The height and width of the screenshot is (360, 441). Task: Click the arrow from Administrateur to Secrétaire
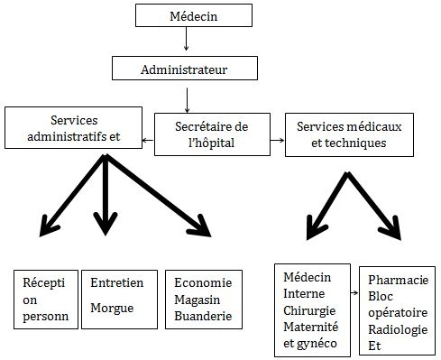click(x=188, y=98)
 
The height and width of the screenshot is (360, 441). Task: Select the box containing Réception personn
click(x=45, y=300)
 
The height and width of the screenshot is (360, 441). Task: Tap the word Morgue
click(x=113, y=308)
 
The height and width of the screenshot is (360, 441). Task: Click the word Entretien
click(x=117, y=282)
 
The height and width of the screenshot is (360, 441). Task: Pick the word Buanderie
click(x=204, y=316)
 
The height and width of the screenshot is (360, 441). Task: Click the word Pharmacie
click(x=397, y=280)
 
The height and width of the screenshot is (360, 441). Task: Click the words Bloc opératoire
click(x=398, y=304)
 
